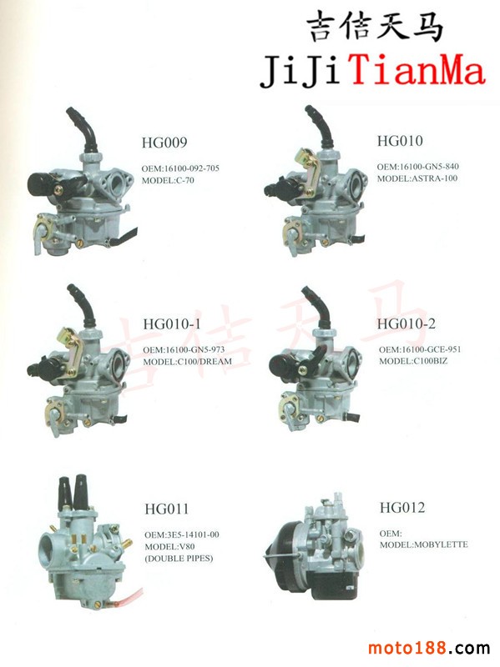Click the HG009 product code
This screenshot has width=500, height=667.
164,142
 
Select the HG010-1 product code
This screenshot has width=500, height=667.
172,324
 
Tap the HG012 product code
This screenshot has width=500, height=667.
402,507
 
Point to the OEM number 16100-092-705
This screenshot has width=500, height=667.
192,168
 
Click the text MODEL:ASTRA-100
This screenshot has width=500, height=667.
417,178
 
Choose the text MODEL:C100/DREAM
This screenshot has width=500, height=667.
187,362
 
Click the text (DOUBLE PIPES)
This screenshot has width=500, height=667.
179,558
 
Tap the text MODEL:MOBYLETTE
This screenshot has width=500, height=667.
424,544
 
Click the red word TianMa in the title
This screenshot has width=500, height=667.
418,71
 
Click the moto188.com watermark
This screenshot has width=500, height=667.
429,649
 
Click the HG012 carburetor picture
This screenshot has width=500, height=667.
316,547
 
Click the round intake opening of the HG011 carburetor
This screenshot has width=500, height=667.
50,548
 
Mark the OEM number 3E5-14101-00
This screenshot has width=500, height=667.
193,534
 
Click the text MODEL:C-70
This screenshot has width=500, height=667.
168,180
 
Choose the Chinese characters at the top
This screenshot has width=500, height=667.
375,27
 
